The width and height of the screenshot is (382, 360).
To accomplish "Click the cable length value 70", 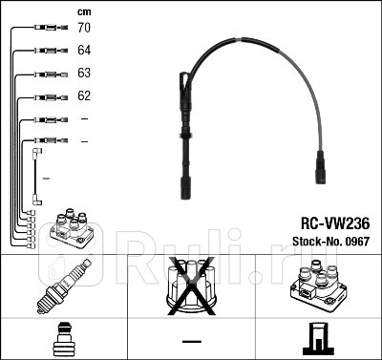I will click(84, 29).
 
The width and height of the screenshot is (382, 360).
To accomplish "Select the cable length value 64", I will click(84, 52).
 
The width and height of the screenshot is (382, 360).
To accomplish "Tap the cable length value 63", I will click(84, 74).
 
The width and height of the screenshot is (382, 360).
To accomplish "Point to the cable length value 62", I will click(84, 96).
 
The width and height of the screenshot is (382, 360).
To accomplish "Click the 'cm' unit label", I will click(83, 11).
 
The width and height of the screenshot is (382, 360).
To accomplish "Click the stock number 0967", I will click(355, 242).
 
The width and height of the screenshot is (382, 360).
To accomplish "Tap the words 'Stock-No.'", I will click(311, 242).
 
